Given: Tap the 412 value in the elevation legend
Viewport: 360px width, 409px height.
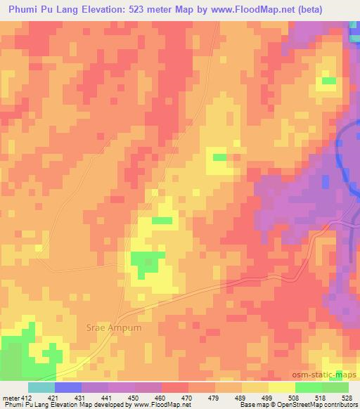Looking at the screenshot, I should point(27,397).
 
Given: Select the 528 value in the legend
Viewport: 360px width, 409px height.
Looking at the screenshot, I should point(347,397).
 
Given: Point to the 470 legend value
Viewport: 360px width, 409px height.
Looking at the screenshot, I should point(188,397).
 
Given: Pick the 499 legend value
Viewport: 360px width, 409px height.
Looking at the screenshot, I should point(268,397).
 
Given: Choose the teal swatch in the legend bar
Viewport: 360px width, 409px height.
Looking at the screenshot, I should point(41,387).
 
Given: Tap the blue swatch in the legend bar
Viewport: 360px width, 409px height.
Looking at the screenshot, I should point(68,387).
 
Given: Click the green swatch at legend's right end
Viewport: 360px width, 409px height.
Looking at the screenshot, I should point(335,387).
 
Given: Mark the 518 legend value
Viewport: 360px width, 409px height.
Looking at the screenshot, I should point(321,397).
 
